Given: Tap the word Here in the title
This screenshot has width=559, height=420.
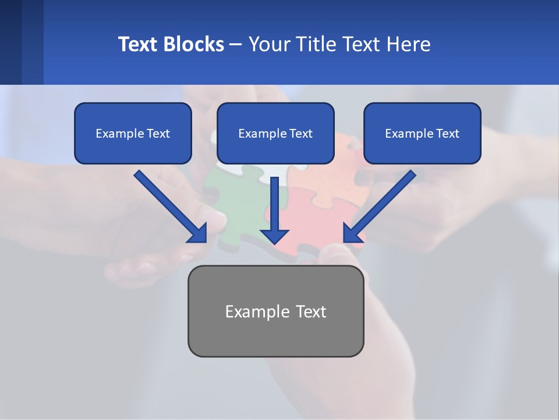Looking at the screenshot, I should click(x=407, y=44).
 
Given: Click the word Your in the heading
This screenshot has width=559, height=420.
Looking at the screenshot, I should click(x=270, y=44).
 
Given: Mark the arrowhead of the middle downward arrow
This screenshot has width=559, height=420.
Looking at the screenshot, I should click(x=275, y=236).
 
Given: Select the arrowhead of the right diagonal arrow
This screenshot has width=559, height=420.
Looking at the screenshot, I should click(x=352, y=233).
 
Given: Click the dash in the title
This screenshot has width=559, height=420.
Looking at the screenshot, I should click(x=236, y=44).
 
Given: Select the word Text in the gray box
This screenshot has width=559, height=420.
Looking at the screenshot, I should click(x=309, y=311).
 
